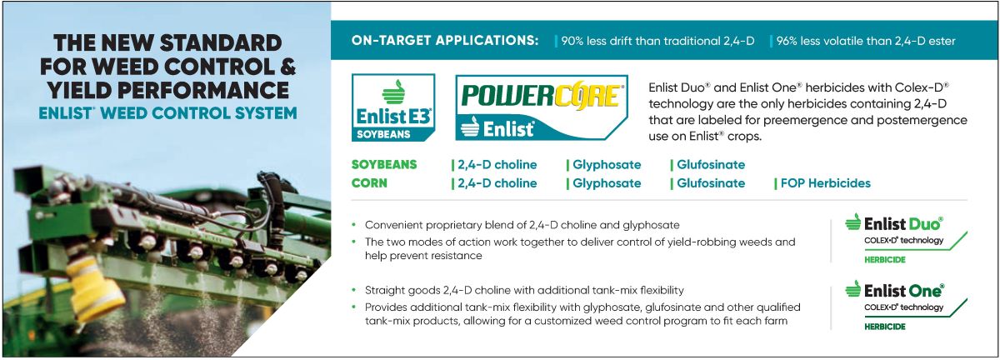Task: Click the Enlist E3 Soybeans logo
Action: coord(393,107)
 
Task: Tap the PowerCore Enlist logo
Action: coord(542,107)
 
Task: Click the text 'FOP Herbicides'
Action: coord(826,183)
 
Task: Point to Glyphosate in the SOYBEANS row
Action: coord(607,165)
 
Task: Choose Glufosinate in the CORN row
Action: coord(711,183)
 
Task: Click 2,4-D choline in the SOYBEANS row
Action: coord(497,165)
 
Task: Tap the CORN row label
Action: coord(369,183)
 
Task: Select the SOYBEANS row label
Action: coord(384,164)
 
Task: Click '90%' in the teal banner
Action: coord(572,41)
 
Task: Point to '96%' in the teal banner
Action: coord(787,41)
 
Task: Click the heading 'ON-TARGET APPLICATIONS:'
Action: coord(445,41)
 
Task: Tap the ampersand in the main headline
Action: coord(288,67)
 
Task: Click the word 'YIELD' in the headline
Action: coord(79,90)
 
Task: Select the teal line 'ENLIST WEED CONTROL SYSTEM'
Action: coord(167,113)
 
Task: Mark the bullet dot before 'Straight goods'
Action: coord(354,290)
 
